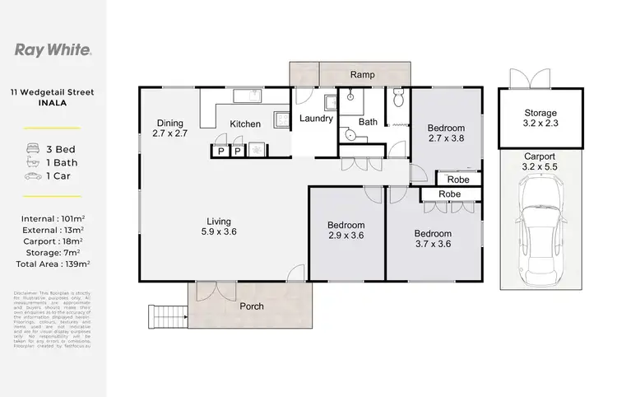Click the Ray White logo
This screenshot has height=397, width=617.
(x=53, y=49)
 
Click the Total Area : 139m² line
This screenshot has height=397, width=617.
(x=53, y=264)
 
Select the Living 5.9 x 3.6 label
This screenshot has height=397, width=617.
(x=219, y=227)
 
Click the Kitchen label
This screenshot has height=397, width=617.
(x=245, y=124)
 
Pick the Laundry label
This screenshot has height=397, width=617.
(x=316, y=119)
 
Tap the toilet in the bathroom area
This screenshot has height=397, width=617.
(x=397, y=100)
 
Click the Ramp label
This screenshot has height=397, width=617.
(x=363, y=75)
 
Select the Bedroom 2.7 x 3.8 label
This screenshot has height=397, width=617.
(x=446, y=133)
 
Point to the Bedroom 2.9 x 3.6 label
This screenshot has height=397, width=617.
(x=346, y=231)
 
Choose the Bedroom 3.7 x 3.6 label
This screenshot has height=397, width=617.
(x=433, y=238)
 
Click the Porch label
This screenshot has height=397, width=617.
(x=252, y=307)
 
